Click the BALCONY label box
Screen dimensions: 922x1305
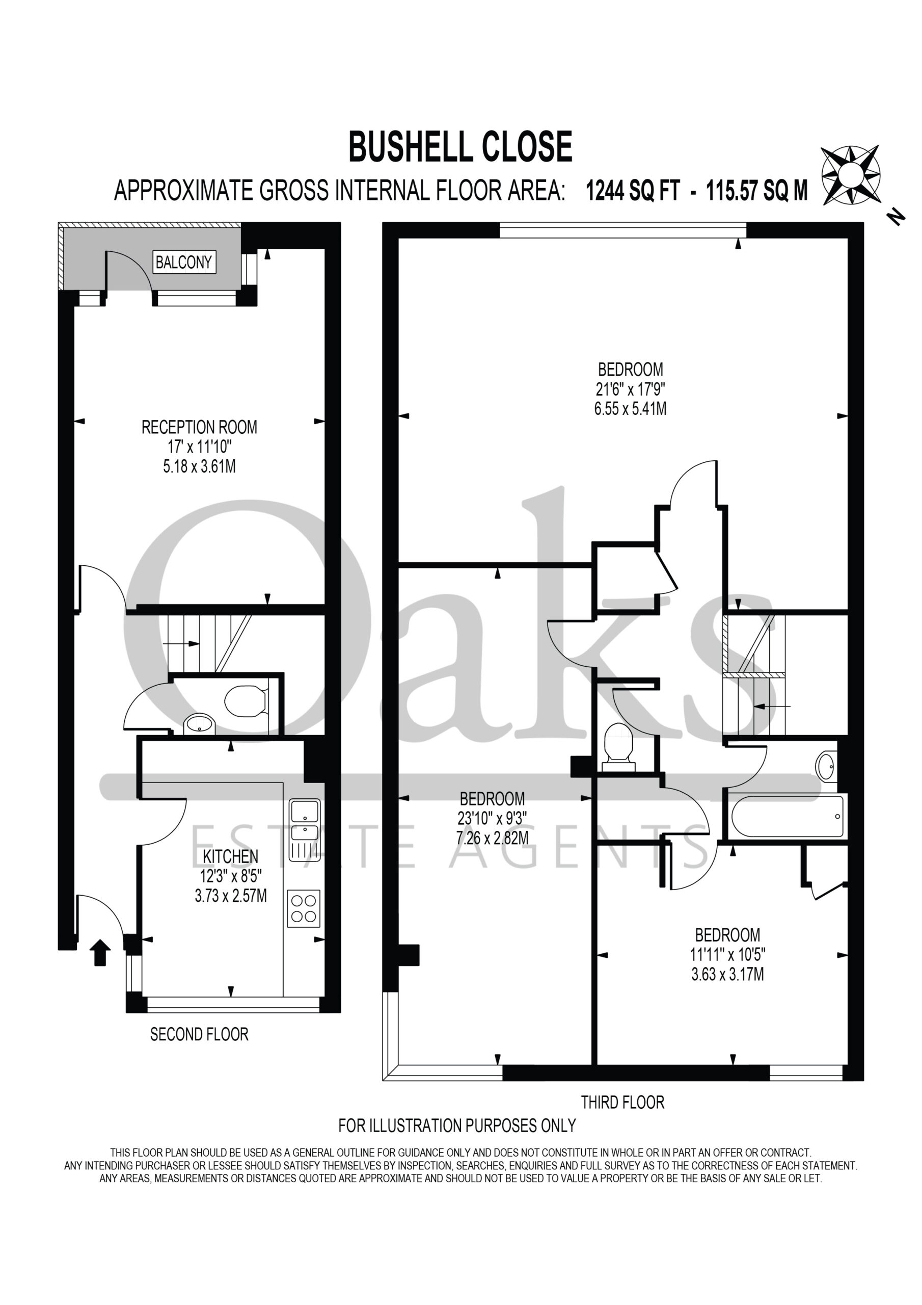(183, 262)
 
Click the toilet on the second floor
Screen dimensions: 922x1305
(246, 701)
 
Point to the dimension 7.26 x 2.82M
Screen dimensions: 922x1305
(493, 838)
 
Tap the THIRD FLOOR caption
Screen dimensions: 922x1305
(622, 1103)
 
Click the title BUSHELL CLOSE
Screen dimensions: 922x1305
(460, 146)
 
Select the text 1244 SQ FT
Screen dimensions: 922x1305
(632, 191)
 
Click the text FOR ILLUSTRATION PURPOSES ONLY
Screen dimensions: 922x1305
(457, 1126)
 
